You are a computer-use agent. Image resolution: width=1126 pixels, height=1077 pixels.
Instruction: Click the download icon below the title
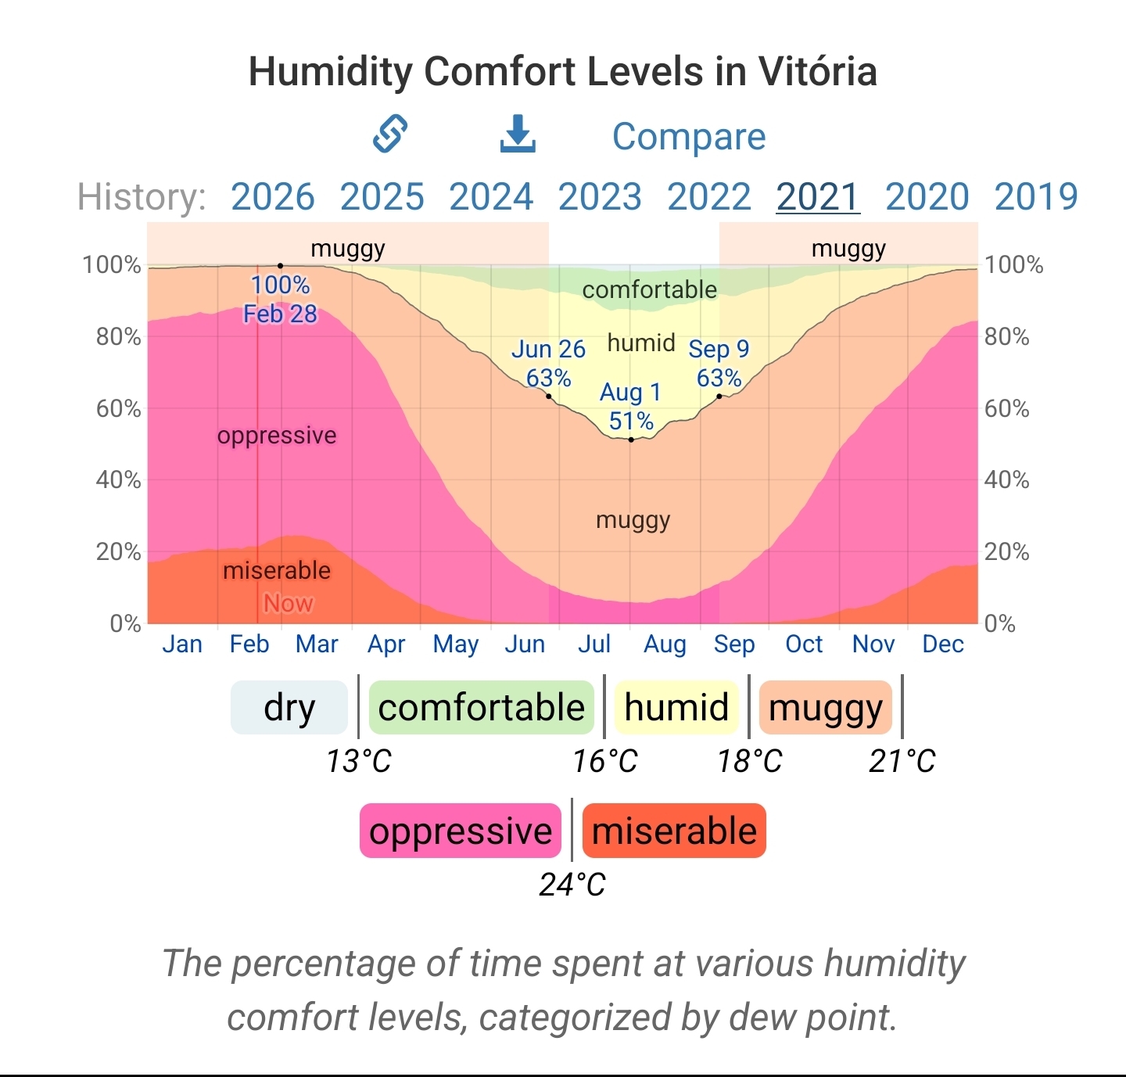[x=518, y=135]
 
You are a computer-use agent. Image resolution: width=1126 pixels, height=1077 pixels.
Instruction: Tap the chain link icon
[x=390, y=134]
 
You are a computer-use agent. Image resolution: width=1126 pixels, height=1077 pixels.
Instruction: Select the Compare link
[x=688, y=137]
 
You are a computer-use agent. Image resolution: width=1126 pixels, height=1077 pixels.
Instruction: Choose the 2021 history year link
[x=818, y=196]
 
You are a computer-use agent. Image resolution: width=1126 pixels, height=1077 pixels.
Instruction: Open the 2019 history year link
[x=1035, y=196]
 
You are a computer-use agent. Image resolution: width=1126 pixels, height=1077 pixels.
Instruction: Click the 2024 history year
[x=491, y=196]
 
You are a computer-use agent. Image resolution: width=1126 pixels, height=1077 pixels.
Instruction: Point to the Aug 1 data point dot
[x=631, y=440]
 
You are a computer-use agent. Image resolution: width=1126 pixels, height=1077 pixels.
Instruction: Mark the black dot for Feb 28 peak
[x=281, y=266]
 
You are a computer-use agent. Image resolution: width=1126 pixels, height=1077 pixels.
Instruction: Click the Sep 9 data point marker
[x=719, y=397]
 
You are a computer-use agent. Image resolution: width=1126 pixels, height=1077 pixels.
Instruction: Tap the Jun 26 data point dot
[x=549, y=397]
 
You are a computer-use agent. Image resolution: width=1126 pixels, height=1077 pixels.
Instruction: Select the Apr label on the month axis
[x=386, y=644]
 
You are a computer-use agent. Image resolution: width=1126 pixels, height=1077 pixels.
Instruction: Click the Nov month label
[x=873, y=644]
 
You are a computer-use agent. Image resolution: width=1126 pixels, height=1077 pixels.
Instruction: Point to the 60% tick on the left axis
[x=118, y=408]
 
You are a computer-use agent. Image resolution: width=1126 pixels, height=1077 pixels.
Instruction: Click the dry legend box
[x=289, y=708]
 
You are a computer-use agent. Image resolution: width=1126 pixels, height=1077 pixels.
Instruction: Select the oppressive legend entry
[x=461, y=831]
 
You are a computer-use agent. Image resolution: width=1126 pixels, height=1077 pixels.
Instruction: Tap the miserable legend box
[x=674, y=831]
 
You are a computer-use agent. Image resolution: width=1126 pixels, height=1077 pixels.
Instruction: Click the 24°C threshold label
[x=572, y=885]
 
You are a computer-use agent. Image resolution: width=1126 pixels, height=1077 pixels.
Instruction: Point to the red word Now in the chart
[x=288, y=603]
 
